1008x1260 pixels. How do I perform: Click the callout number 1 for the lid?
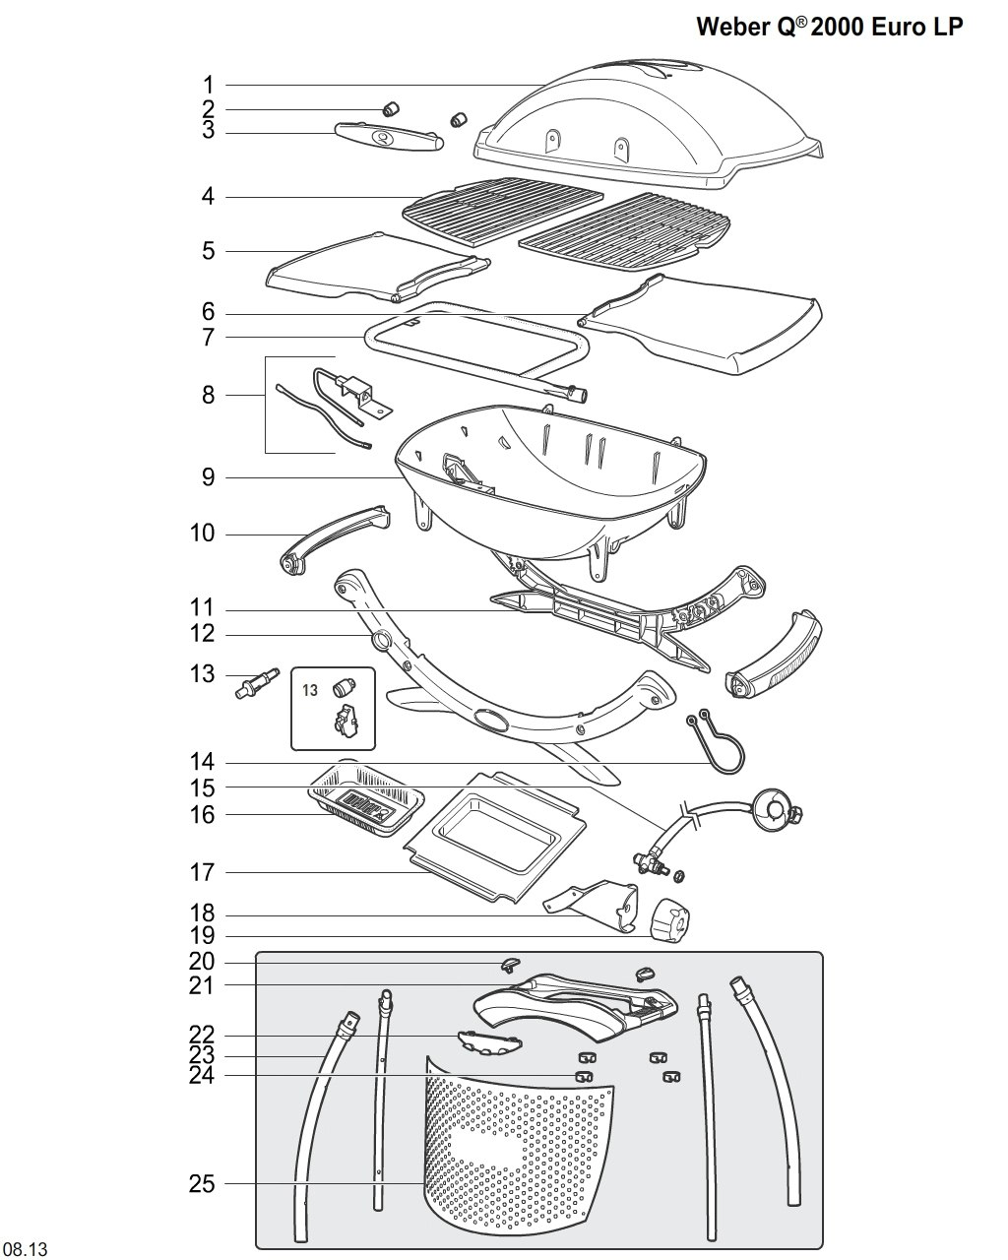(208, 86)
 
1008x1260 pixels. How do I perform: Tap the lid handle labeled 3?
(388, 137)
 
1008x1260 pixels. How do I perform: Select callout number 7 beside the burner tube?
(208, 338)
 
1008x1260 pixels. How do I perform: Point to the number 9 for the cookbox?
(208, 477)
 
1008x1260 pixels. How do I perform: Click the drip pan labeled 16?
(366, 798)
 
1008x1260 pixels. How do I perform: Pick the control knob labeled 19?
(669, 922)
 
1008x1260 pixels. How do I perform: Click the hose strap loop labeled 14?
(716, 741)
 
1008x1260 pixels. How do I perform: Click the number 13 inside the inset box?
(310, 690)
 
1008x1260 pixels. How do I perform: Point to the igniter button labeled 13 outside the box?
(257, 683)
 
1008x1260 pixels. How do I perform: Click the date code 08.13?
(24, 1248)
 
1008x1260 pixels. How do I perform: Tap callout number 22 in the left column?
(202, 1036)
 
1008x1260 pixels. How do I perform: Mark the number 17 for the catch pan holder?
(202, 872)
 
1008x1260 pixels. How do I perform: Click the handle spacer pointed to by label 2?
(390, 108)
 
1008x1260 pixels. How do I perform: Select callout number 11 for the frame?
(202, 607)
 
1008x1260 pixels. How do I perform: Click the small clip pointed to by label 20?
(511, 964)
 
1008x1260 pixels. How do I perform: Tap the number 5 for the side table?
(209, 251)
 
